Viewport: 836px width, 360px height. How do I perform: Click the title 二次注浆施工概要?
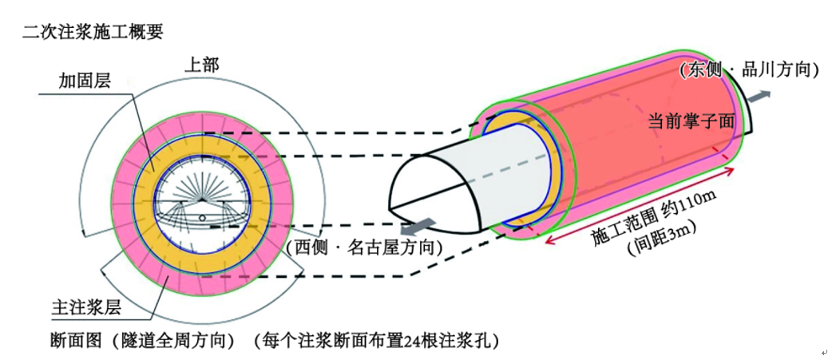[93, 32]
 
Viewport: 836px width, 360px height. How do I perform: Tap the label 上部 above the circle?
[202, 65]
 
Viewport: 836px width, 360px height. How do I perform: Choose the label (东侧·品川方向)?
[749, 69]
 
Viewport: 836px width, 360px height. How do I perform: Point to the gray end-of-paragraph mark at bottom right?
[824, 352]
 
